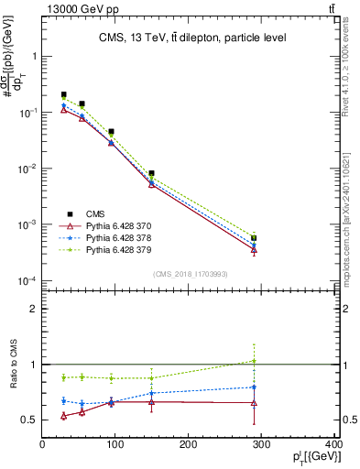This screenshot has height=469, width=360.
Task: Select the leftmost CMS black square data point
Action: click(63, 94)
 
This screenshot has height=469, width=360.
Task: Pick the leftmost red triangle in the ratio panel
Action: click(63, 416)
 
